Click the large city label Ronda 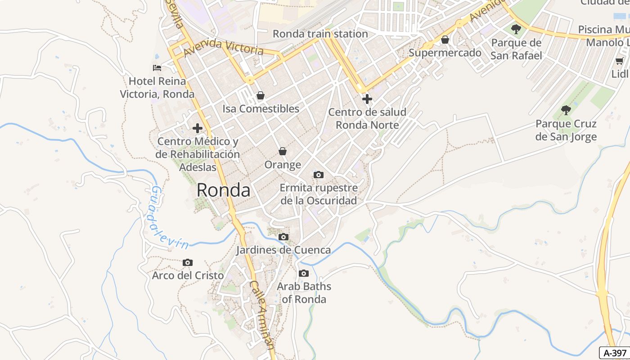click(x=223, y=190)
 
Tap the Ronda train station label click(x=320, y=34)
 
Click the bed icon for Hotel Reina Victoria click(x=157, y=68)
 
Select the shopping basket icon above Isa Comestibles click(x=260, y=95)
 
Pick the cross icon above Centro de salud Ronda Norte click(x=367, y=99)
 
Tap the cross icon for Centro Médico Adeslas click(x=197, y=128)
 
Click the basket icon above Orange click(x=283, y=151)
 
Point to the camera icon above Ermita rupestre click(x=319, y=175)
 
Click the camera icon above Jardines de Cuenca click(x=283, y=237)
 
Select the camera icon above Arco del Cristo click(x=188, y=262)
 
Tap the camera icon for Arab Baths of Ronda click(x=304, y=273)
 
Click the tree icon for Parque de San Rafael click(x=516, y=30)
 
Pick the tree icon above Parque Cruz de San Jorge click(x=566, y=110)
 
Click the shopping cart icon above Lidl click(x=620, y=61)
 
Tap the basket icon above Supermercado click(x=445, y=40)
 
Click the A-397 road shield click(x=615, y=353)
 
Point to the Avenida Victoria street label click(x=223, y=47)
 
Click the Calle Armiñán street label click(x=262, y=315)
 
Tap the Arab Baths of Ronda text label click(x=304, y=292)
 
